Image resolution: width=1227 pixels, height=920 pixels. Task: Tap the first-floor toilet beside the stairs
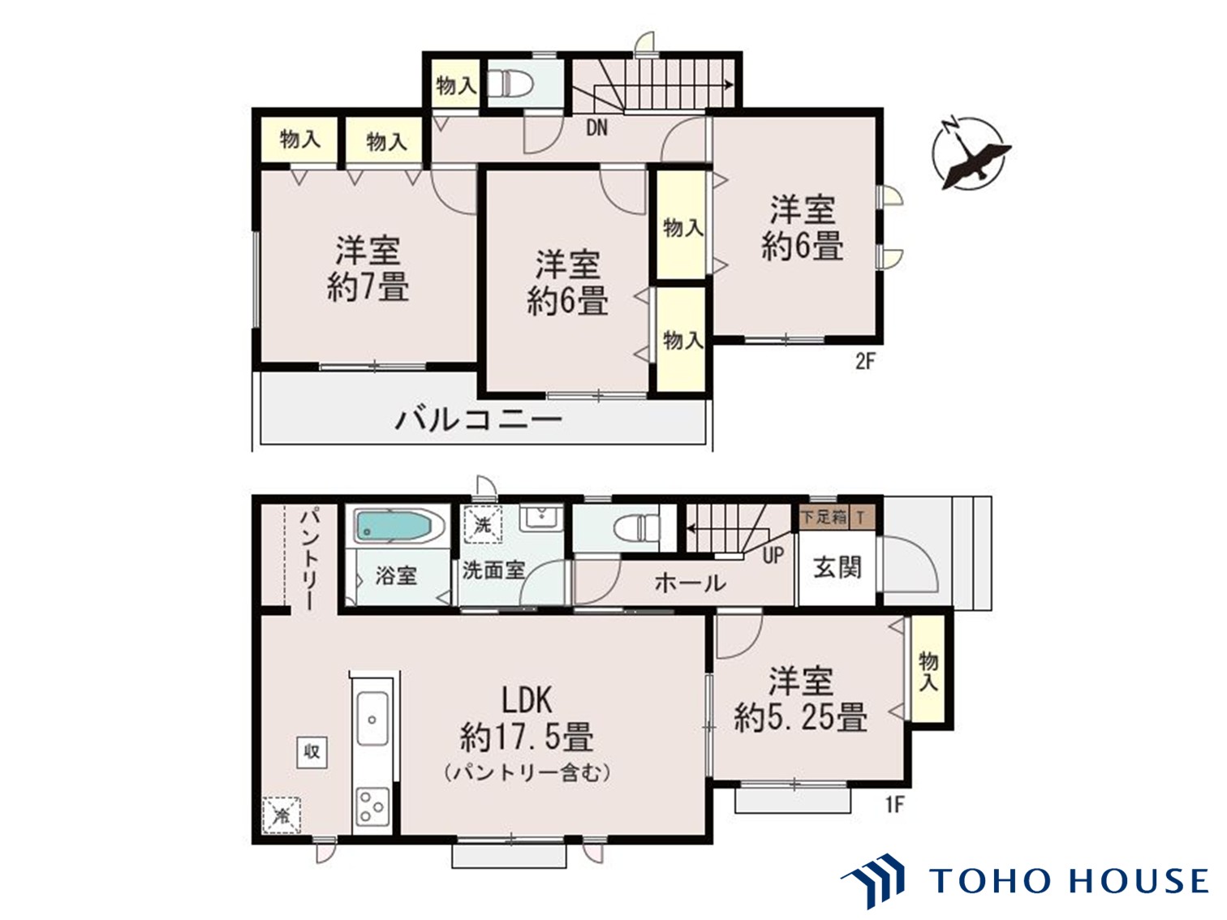pos(638,528)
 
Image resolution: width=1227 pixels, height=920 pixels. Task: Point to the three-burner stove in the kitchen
pos(372,805)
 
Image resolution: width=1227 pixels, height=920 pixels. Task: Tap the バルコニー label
pos(479,420)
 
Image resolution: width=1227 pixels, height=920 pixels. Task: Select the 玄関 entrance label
pos(837,567)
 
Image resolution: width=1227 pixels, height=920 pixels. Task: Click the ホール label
pos(690,582)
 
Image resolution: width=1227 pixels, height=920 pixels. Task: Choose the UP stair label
pos(773,556)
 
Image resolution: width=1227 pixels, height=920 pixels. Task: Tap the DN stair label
pos(596,127)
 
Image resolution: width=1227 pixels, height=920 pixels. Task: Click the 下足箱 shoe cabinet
pos(824,516)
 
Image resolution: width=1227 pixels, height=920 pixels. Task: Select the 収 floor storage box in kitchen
pos(312,752)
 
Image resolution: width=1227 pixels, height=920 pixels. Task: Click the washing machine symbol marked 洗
pos(482,524)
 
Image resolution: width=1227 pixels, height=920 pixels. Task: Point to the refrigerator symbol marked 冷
pos(282,815)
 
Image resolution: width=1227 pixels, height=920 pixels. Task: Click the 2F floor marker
pos(865,360)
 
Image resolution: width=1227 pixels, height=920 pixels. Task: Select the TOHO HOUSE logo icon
pos(875,879)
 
